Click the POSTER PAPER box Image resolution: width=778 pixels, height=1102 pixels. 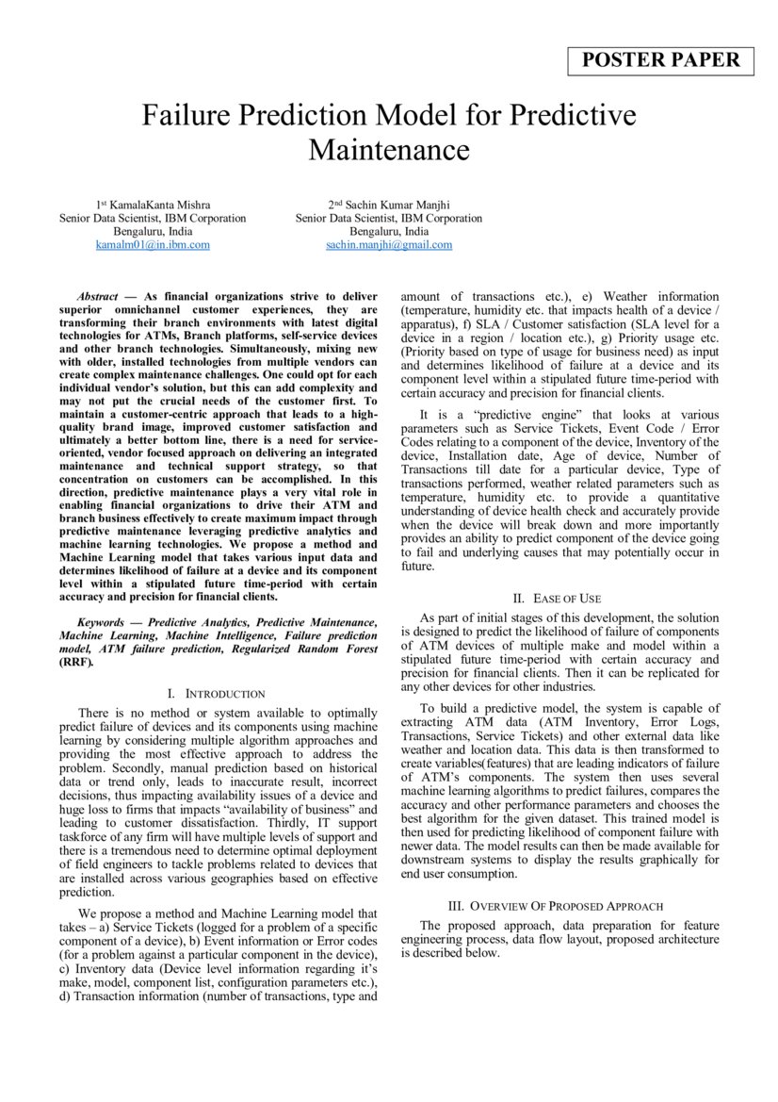[661, 60]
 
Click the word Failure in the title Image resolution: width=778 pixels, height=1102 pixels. [186, 116]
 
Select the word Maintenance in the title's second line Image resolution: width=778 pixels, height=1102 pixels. [388, 149]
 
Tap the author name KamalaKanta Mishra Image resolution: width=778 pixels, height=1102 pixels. [157, 205]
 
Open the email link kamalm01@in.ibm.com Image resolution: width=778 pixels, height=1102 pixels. [153, 244]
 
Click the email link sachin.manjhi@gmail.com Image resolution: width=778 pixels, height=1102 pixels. [388, 244]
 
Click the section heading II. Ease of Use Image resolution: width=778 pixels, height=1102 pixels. [557, 598]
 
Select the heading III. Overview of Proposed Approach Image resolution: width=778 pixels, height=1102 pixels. [559, 906]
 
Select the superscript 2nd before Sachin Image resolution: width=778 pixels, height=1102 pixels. [334, 204]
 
